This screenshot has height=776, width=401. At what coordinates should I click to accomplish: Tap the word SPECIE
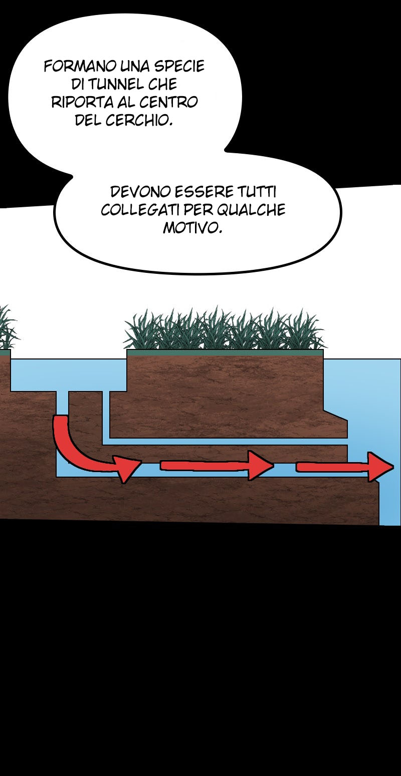179,66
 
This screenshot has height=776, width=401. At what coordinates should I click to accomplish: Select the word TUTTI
257,192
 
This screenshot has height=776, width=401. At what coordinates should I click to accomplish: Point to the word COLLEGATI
140,210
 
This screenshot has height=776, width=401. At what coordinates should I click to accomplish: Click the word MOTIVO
192,228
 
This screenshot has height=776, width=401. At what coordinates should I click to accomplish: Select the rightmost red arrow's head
380,467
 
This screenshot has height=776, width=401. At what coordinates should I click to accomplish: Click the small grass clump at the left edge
7,327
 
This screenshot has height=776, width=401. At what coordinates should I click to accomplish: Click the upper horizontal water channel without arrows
226,442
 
